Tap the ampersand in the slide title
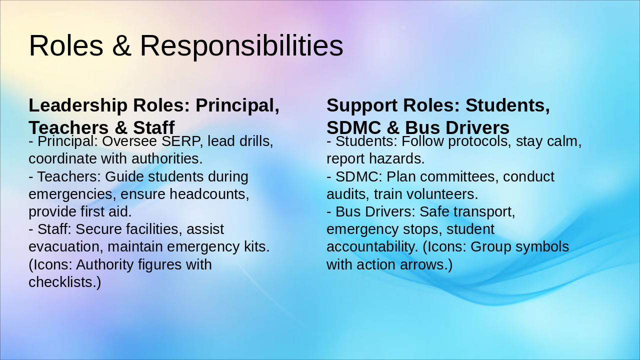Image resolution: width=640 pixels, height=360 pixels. (121, 45)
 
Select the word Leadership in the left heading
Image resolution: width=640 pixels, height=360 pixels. (78, 106)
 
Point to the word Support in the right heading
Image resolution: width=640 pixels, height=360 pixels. (362, 106)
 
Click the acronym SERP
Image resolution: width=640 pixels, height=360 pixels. (180, 141)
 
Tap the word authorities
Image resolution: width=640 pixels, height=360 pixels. (167, 159)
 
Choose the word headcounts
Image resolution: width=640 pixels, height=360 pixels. (209, 194)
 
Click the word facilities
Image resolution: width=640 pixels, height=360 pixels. (154, 229)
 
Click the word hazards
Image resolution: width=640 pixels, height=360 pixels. (397, 159)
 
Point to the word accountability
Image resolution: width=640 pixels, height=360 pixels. (372, 247)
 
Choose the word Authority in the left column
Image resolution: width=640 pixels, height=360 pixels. (105, 265)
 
